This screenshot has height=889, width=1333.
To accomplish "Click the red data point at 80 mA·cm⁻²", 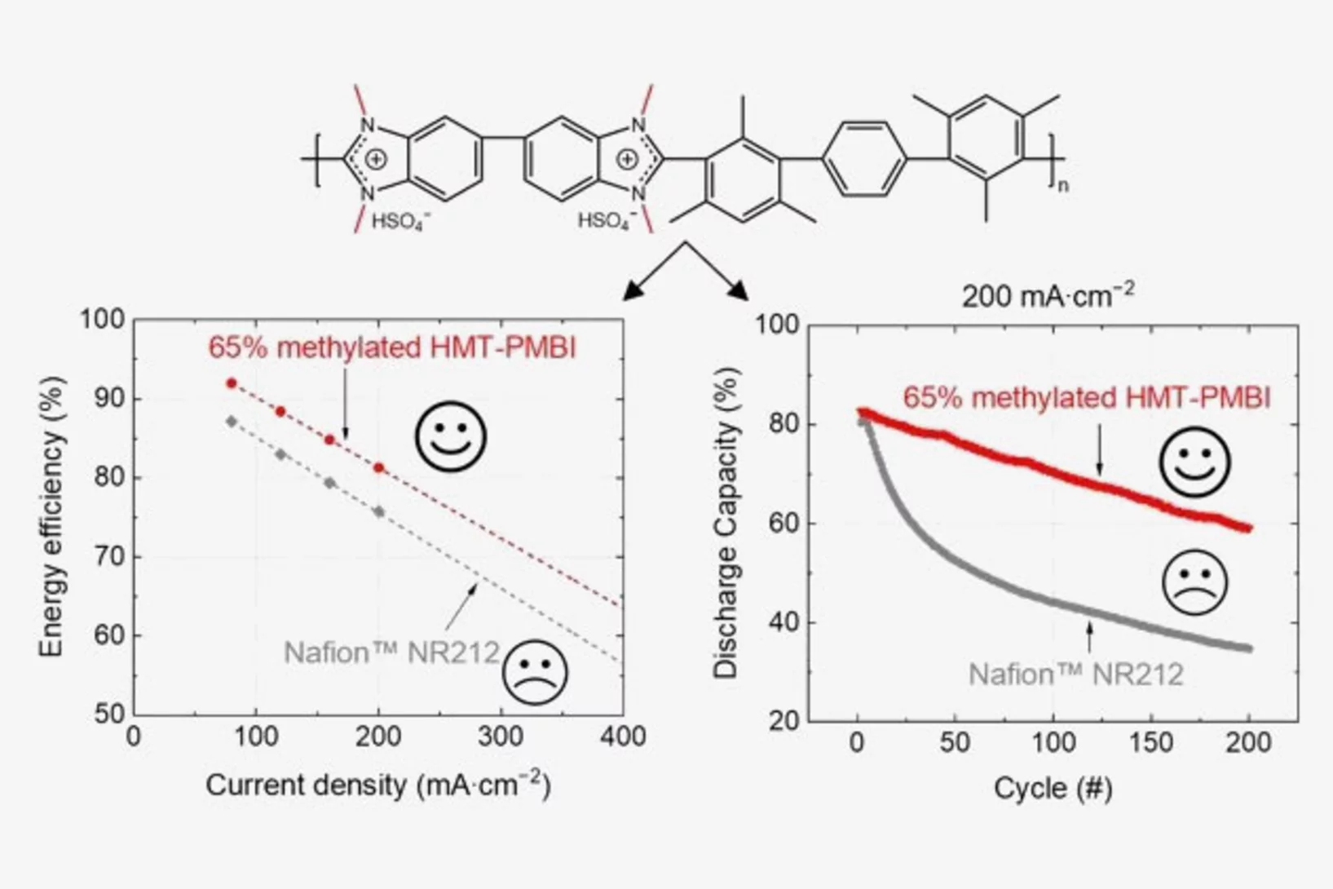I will point(232,383).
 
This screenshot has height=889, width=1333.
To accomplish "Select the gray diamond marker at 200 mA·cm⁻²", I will point(378,512).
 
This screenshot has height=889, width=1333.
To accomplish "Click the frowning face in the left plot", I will point(535,672).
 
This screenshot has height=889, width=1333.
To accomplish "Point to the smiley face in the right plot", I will point(1194,462).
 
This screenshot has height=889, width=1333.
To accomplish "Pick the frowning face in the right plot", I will point(1194,582).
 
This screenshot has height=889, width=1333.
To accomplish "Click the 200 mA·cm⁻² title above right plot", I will point(1048,295).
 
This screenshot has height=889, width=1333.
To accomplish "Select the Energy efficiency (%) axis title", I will point(51,516).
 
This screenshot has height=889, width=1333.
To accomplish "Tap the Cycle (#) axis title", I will point(1053,788).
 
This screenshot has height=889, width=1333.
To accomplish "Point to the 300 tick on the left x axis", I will point(500,737).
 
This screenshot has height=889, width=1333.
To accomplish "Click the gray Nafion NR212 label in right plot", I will point(1075,674).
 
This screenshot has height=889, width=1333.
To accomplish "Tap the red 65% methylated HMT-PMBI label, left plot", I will point(392,347).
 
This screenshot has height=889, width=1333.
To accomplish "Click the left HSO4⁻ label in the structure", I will point(401,221).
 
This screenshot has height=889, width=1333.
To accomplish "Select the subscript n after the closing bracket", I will point(1062,186).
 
